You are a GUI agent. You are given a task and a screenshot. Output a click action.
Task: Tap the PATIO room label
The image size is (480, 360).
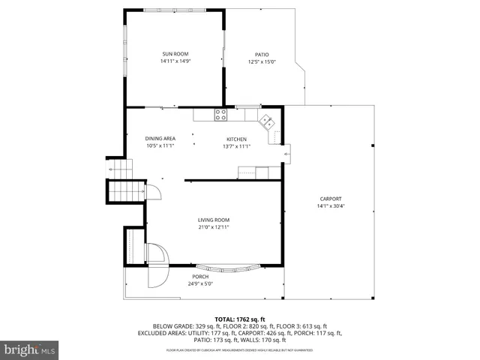coord(262,55)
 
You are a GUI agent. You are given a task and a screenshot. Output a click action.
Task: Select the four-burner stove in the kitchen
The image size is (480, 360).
coord(221,115)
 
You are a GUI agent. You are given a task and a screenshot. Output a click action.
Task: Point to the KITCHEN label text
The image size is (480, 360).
coord(236,139)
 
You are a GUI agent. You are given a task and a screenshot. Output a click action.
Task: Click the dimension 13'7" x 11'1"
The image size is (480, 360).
coord(236,146)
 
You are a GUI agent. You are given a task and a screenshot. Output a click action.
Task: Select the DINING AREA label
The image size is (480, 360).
coord(160,138)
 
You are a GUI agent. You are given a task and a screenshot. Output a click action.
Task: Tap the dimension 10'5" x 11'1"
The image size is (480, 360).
coord(160,145)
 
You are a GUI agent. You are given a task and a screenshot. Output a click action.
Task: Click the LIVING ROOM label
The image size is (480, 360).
coord(214,219)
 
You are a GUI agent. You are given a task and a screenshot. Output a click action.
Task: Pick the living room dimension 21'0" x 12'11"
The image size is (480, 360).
coord(214,226)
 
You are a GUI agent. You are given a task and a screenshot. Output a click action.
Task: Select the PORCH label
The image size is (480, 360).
coord(200,277)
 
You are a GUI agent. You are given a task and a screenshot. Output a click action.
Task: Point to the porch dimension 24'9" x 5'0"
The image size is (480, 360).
coord(200,283)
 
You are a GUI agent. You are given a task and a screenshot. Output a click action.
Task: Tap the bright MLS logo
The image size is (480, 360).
coord(30,349)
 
